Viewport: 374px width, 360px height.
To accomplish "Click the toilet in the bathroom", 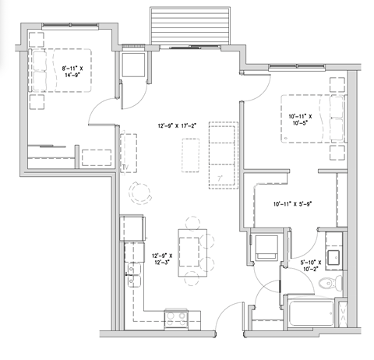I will tap(330, 284).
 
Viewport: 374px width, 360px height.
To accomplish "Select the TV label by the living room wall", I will tap(124, 167).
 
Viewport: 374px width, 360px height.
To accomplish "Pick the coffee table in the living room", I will tap(189, 150).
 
